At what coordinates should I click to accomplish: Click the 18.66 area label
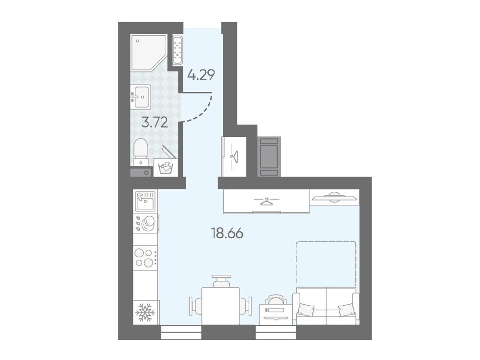pyautogui.click(x=227, y=233)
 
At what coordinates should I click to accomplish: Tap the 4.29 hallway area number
pyautogui.click(x=201, y=74)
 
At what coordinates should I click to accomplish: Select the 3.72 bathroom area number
pyautogui.click(x=154, y=123)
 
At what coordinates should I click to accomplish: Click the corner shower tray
pyautogui.click(x=149, y=53)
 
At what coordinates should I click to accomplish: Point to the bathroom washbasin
pyautogui.click(x=141, y=96)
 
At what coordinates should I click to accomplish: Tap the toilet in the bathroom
pyautogui.click(x=141, y=153)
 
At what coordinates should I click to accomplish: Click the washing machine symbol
pyautogui.click(x=165, y=167)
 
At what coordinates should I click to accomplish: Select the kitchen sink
pyautogui.click(x=145, y=202)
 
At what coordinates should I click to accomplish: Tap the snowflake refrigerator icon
pyautogui.click(x=145, y=312)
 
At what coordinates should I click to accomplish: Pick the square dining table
pyautogui.click(x=220, y=306)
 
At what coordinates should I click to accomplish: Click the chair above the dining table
pyautogui.click(x=221, y=281)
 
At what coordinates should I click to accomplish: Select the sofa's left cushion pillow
pyautogui.click(x=306, y=309)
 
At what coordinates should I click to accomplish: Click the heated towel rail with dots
pyautogui.click(x=177, y=50)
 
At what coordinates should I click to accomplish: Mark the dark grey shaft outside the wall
pyautogui.click(x=269, y=157)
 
